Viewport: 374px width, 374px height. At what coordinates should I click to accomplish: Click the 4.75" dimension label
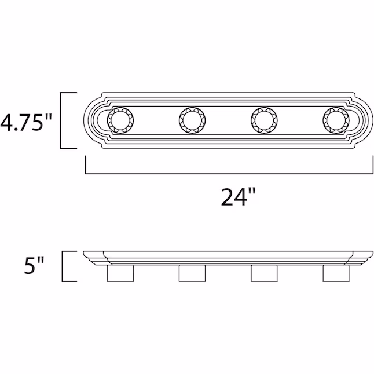[x=26, y=122]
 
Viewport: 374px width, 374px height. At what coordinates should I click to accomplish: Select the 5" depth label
[x=34, y=265]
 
